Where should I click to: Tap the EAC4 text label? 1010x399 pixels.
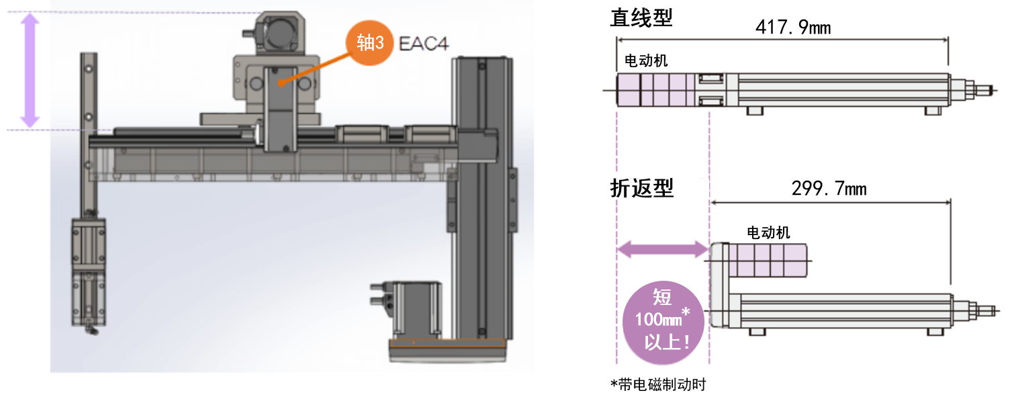tap(423, 44)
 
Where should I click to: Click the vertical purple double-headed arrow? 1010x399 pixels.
tap(30, 71)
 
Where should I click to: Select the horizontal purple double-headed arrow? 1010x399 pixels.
tap(662, 251)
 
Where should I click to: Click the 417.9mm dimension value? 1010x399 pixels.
tap(792, 28)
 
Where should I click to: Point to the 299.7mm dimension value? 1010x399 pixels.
tap(829, 189)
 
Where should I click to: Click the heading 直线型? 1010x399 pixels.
tap(641, 17)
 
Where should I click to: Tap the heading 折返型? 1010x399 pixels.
tap(641, 188)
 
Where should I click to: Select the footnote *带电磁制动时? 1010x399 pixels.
tap(657, 384)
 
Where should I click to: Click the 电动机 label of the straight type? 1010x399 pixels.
tap(646, 60)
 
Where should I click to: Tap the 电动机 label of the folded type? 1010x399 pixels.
tap(768, 232)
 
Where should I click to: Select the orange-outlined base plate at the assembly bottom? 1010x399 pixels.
tap(447, 343)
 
